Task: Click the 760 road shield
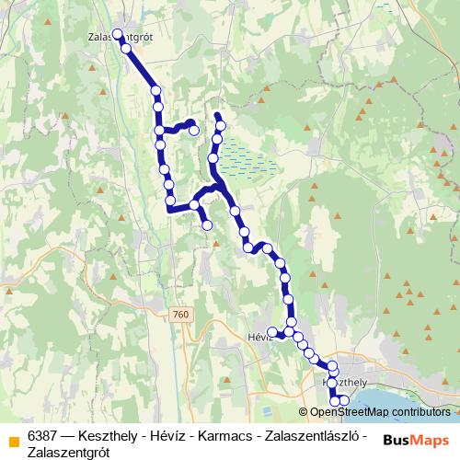click(180, 315)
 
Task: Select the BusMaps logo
click(416, 441)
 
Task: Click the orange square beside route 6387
click(12, 439)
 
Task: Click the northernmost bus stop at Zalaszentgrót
click(117, 35)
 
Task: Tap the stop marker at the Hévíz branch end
click(271, 331)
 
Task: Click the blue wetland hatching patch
click(247, 159)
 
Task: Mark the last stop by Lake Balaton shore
click(344, 399)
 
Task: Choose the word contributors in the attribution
click(419, 412)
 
